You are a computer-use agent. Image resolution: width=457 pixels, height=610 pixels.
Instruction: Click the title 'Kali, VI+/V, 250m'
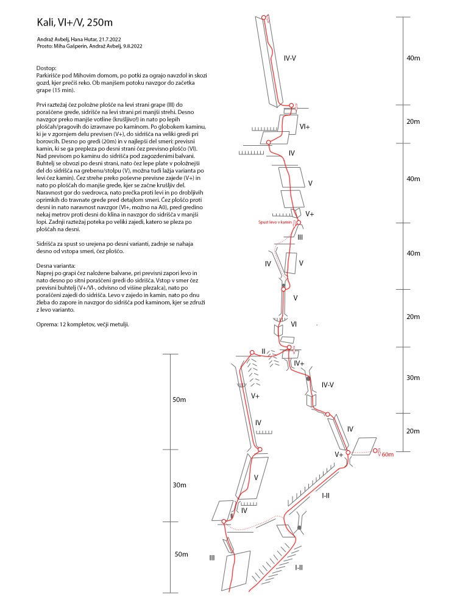tap(75, 23)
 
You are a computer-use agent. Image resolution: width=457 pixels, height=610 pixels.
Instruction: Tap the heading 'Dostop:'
tap(46, 68)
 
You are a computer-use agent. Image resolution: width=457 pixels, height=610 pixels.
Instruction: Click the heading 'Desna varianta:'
tap(56, 267)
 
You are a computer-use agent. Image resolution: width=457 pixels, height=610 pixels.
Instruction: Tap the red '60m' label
tap(388, 454)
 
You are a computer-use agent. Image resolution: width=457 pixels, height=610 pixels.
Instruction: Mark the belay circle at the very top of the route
tap(263, 17)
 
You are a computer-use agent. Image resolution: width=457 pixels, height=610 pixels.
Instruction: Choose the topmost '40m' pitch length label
tap(413, 58)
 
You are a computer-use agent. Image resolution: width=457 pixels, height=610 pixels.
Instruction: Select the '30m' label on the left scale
tap(179, 485)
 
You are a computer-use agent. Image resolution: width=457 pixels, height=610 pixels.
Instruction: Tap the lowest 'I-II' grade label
tap(299, 567)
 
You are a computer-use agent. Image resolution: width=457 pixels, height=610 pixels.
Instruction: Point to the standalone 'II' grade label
tap(263, 351)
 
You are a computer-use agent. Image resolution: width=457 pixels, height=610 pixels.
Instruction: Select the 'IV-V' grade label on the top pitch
tap(290, 59)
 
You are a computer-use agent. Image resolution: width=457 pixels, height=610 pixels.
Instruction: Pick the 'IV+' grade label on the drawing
tap(299, 363)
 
